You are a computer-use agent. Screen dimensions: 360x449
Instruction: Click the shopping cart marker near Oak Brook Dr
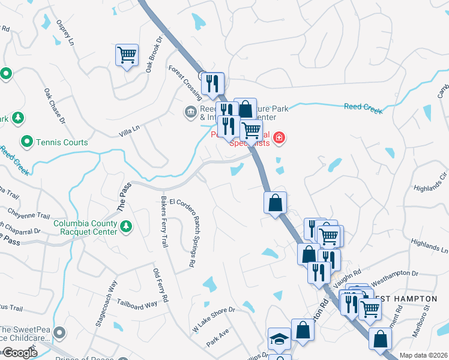click(127, 55)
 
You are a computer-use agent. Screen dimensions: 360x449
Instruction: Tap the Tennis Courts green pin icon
click(27, 142)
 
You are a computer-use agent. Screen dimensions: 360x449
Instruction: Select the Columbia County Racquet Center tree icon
click(126, 226)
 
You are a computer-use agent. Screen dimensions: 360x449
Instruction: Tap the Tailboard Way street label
click(137, 304)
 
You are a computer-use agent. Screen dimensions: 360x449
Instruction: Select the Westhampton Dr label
click(395, 273)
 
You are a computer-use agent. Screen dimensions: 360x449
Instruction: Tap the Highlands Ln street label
click(430, 245)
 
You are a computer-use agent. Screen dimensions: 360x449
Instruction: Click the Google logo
click(19, 353)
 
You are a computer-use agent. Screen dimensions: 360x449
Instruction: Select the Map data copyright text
click(424, 355)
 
